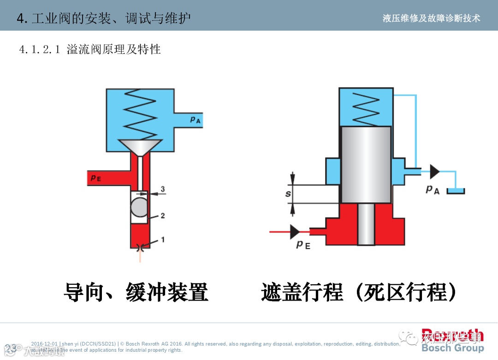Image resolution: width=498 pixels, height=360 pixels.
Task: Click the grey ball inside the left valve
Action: point(139,207)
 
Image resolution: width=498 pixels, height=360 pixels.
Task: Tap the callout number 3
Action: point(162,189)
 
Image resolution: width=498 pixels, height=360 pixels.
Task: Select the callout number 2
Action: point(162,215)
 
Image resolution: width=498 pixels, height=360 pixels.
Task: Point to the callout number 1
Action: point(162,240)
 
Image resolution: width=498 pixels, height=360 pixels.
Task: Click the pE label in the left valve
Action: point(96,177)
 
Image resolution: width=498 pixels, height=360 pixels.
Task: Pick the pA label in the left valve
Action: point(196,119)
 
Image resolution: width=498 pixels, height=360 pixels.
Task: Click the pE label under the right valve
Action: point(303,244)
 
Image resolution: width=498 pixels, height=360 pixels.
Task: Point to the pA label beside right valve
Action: point(433,189)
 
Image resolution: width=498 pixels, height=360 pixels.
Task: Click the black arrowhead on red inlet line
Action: point(295,232)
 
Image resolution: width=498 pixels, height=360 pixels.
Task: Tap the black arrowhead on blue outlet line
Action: point(434,171)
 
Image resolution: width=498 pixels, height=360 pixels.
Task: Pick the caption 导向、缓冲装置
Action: point(136,292)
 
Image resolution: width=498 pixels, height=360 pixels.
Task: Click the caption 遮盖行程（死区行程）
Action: point(360,292)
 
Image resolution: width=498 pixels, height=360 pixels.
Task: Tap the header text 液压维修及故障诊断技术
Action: point(431,18)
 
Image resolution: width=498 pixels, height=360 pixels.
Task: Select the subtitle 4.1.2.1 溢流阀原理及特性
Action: point(90,49)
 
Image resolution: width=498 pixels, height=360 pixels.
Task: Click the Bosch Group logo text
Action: point(452,348)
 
